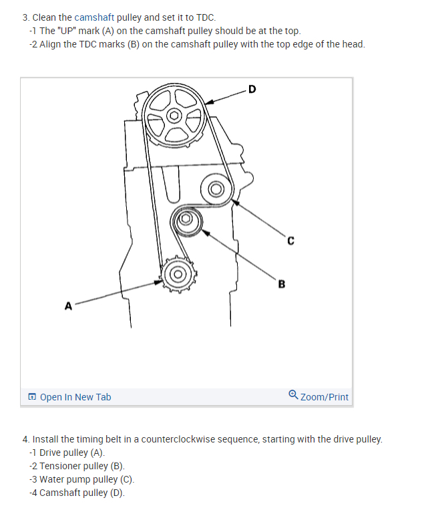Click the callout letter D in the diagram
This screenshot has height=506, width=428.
[x=251, y=88]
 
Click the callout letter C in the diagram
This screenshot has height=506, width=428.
[x=290, y=241]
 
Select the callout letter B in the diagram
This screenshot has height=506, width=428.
[x=281, y=283]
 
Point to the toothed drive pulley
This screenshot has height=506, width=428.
[x=178, y=273]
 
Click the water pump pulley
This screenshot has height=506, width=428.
[x=216, y=190]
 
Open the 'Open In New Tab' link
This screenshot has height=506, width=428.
[x=75, y=397]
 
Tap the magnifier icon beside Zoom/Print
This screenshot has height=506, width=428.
[x=293, y=396]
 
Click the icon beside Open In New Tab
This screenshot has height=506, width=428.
[x=32, y=397]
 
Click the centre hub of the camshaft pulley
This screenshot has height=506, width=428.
[x=175, y=115]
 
